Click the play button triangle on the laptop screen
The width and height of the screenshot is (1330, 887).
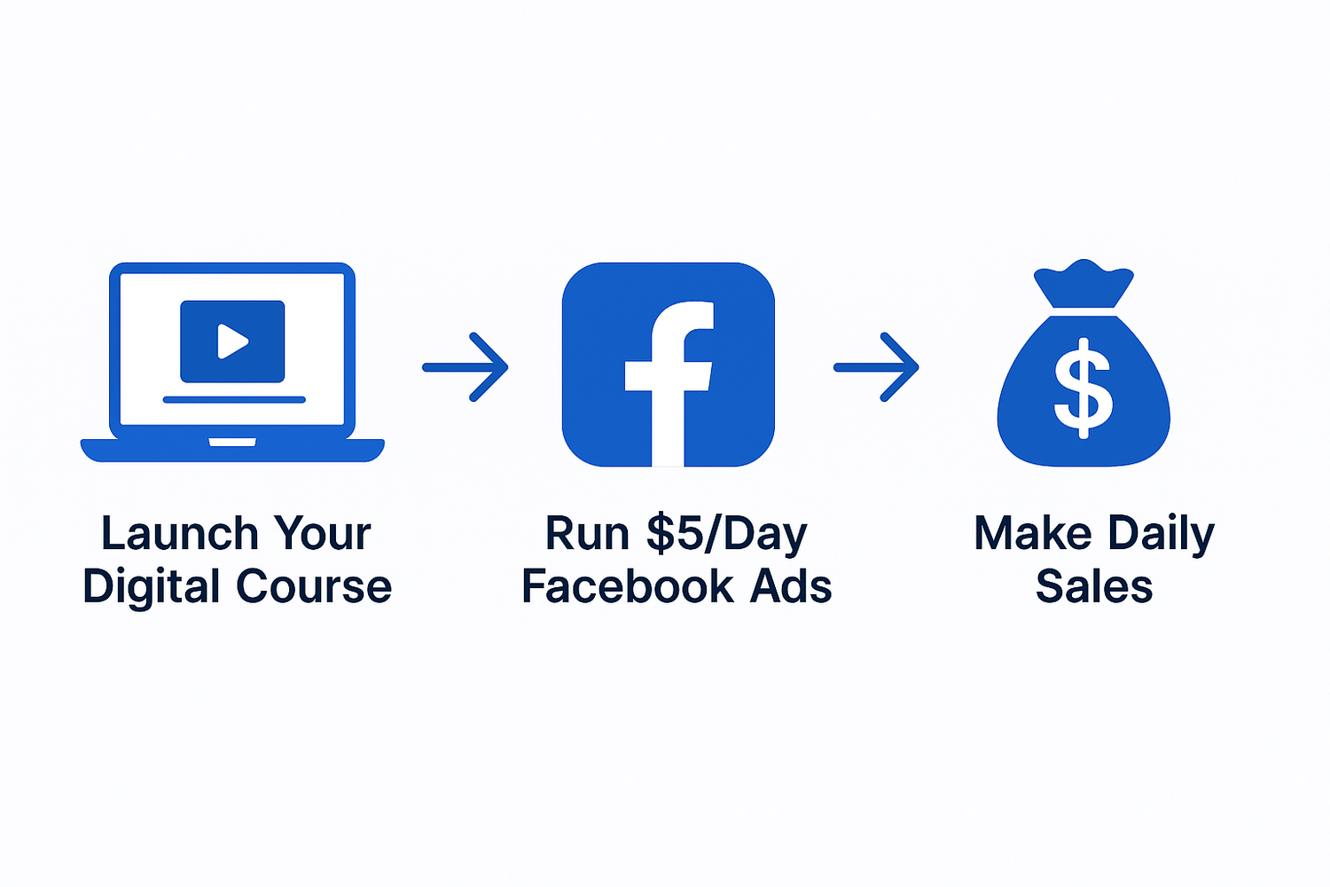pyautogui.click(x=232, y=341)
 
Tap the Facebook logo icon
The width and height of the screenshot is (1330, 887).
pyautogui.click(x=668, y=365)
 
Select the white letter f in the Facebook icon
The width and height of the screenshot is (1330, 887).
pyautogui.click(x=669, y=384)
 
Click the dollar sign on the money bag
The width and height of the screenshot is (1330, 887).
pyautogui.click(x=1084, y=389)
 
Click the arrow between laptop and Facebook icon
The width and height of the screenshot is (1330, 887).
pyautogui.click(x=465, y=367)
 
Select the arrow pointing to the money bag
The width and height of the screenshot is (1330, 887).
pyautogui.click(x=876, y=367)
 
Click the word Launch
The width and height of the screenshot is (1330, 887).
pyautogui.click(x=180, y=533)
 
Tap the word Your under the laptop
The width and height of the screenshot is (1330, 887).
pyautogui.click(x=322, y=533)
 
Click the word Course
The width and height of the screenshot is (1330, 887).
pyautogui.click(x=314, y=586)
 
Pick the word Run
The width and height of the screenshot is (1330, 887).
pyautogui.click(x=587, y=533)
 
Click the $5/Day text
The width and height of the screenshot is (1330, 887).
pyautogui.click(x=727, y=534)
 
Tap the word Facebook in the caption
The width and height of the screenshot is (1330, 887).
pyautogui.click(x=628, y=585)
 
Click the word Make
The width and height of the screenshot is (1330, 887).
pyautogui.click(x=1033, y=533)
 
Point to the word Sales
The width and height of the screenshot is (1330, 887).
pyautogui.click(x=1094, y=585)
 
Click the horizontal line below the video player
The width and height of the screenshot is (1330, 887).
pyautogui.click(x=234, y=400)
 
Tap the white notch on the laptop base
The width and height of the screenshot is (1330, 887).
pyautogui.click(x=232, y=442)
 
